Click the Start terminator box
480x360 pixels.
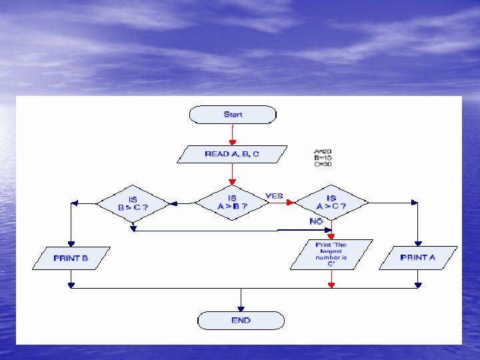233,115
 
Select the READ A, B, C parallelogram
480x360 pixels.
232,154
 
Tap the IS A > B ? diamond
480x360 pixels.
232,203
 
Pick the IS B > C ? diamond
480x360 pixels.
133,203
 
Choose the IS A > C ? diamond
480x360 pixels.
331,202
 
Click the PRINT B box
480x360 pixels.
71,258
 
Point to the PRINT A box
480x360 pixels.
418,258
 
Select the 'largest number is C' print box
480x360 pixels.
331,255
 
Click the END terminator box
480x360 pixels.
241,321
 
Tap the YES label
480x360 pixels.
274,196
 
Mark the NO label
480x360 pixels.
317,221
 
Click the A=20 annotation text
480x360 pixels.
323,151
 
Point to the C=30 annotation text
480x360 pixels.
323,165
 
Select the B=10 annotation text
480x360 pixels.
323,158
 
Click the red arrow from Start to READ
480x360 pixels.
233,135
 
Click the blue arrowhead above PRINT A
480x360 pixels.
418,243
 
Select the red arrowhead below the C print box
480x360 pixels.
331,284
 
